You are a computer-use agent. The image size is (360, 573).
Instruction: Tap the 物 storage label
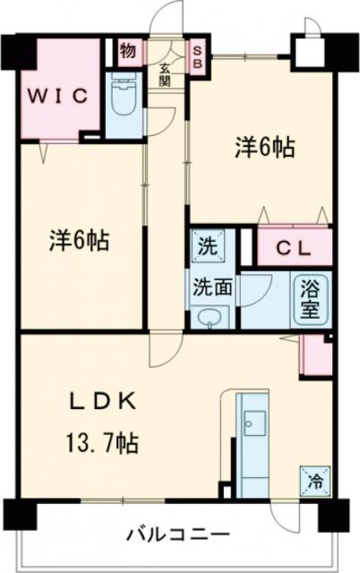128,50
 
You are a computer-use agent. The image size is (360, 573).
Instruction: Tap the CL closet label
293,247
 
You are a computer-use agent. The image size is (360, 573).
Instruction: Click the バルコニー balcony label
176,535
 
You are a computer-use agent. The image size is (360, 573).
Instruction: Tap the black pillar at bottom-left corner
19,512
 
